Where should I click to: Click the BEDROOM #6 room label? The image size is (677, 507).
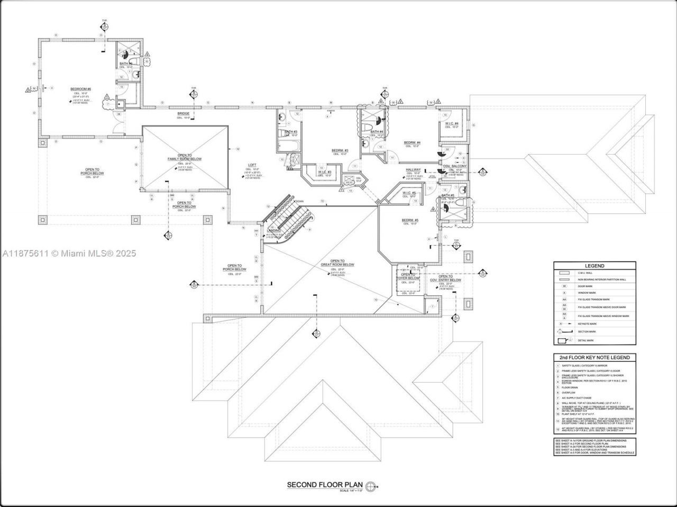pos(81,89)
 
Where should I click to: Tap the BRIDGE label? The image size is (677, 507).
pos(183,114)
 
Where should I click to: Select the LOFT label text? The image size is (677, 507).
pos(252,165)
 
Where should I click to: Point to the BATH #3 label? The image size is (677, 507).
pos(290,132)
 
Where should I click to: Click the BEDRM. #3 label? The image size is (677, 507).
pos(340,150)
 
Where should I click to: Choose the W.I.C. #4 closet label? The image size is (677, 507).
pos(451,124)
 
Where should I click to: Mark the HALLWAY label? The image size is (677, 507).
pos(414,169)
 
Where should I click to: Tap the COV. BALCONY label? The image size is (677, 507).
pos(454,166)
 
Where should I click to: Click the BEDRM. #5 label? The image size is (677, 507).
pos(410,220)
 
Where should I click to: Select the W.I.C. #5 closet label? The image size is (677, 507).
pos(409,193)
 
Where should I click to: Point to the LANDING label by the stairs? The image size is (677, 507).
pos(274,231)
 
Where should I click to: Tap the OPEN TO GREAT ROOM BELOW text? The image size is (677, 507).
pos(337,263)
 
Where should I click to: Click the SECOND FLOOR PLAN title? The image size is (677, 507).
pos(325,484)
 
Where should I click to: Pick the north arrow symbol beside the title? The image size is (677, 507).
pos(372,485)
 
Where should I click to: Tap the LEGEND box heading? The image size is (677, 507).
pos(594,266)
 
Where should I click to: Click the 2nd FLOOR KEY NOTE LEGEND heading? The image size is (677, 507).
pos(594,358)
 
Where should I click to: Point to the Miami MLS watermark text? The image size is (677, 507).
pos(69,253)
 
